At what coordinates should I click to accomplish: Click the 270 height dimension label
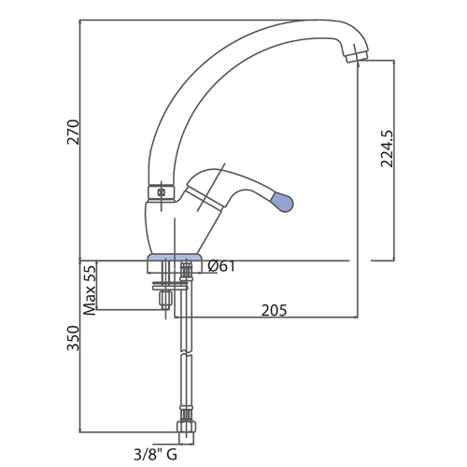(74, 132)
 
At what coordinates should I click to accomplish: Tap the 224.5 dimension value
(388, 149)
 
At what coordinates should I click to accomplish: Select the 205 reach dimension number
(274, 310)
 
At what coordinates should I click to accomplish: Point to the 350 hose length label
(74, 338)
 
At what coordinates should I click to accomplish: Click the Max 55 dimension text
(90, 290)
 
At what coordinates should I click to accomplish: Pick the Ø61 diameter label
(221, 266)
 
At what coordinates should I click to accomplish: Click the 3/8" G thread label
(155, 455)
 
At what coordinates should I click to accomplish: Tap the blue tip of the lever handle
(282, 202)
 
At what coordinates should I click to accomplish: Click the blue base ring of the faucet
(175, 257)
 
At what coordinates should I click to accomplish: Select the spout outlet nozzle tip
(356, 56)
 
